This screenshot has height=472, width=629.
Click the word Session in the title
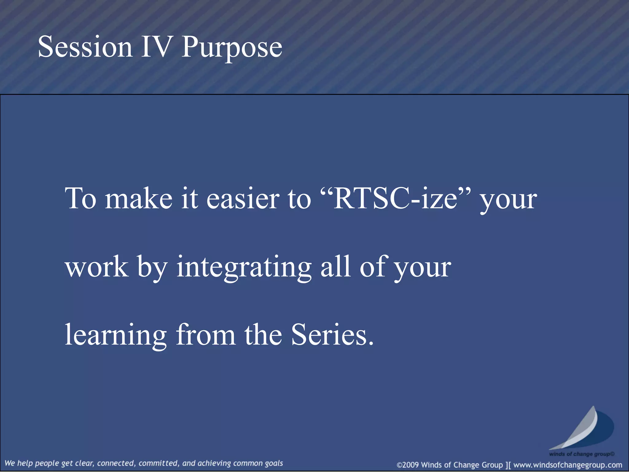click(x=85, y=47)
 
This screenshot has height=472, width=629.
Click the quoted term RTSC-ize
click(x=395, y=199)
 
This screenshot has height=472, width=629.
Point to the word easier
click(x=243, y=199)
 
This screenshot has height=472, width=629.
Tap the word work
click(x=97, y=267)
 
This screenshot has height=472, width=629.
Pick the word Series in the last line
click(x=333, y=335)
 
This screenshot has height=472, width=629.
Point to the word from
click(x=205, y=335)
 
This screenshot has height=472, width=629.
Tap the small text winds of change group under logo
click(x=581, y=454)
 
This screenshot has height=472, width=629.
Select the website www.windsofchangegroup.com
click(x=568, y=465)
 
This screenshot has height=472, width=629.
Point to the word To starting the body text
click(x=80, y=199)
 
